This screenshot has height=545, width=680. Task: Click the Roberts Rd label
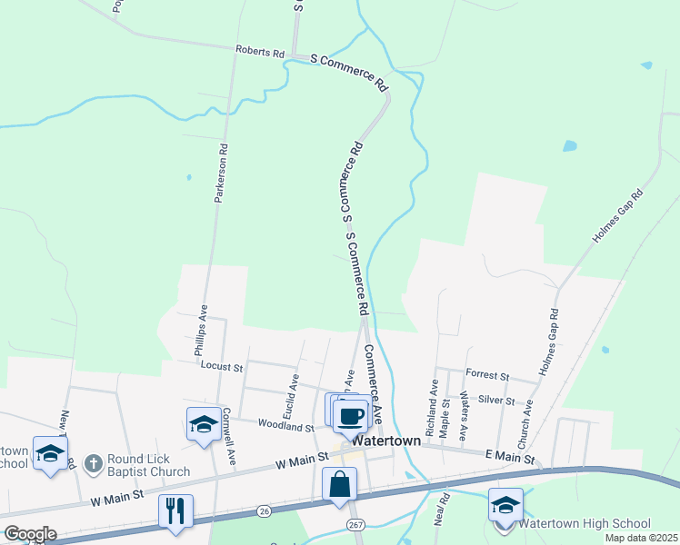(259, 52)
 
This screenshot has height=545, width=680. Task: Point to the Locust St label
(223, 368)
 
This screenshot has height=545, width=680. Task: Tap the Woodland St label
(285, 424)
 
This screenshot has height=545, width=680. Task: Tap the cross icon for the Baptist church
(92, 464)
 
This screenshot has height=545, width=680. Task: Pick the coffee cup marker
(350, 416)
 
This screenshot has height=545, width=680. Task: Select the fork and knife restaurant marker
(175, 510)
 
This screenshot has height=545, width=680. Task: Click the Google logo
(30, 534)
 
